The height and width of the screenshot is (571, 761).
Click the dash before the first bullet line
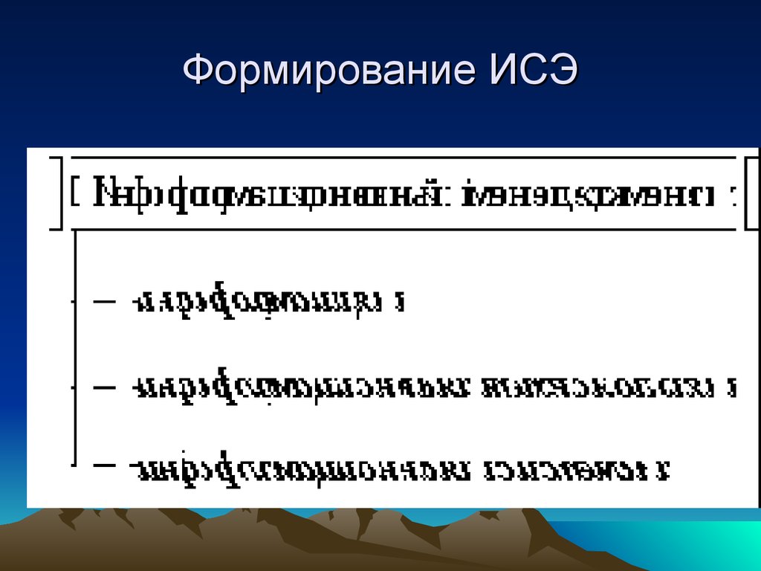[105, 302]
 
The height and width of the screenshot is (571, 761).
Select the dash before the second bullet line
[105, 387]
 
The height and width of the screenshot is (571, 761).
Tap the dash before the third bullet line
[105, 466]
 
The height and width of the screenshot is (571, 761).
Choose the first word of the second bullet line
[301, 387]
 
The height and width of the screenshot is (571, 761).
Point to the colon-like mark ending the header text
[734, 196]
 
